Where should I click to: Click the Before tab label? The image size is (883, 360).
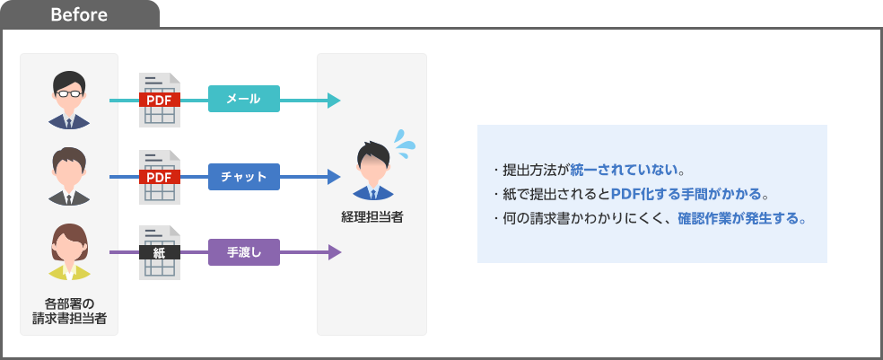(x=80, y=15)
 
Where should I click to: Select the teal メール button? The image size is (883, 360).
(x=244, y=100)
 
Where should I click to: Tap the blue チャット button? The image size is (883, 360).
(x=244, y=177)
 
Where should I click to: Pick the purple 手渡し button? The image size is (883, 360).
(x=244, y=253)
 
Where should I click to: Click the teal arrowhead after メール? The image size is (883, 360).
(x=335, y=100)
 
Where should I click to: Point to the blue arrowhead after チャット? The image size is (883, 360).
(x=335, y=177)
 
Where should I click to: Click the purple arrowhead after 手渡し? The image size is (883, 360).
(x=335, y=253)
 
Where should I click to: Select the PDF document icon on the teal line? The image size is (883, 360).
(x=160, y=100)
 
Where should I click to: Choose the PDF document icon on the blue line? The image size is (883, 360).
(x=160, y=177)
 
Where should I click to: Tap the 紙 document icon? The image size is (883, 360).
(x=160, y=253)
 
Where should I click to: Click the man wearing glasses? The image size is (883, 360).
(x=69, y=100)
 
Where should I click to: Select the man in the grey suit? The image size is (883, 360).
(x=69, y=177)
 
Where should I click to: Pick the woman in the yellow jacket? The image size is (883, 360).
(x=69, y=253)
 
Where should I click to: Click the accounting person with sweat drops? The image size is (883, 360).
(x=372, y=171)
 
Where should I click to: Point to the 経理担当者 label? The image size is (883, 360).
(x=372, y=217)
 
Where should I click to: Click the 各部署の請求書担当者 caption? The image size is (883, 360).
(x=69, y=309)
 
